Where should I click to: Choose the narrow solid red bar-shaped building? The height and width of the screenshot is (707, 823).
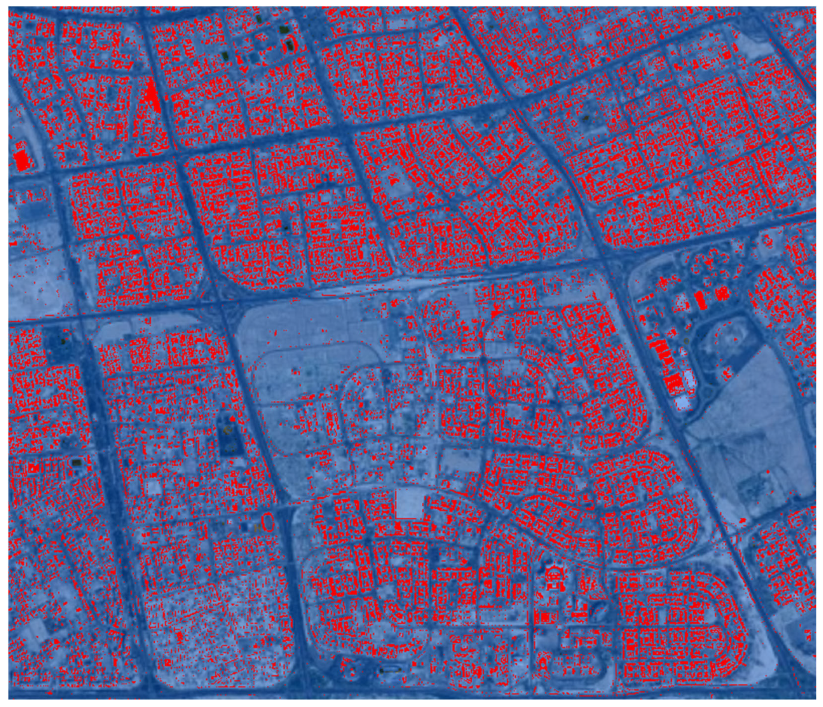(701, 301)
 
